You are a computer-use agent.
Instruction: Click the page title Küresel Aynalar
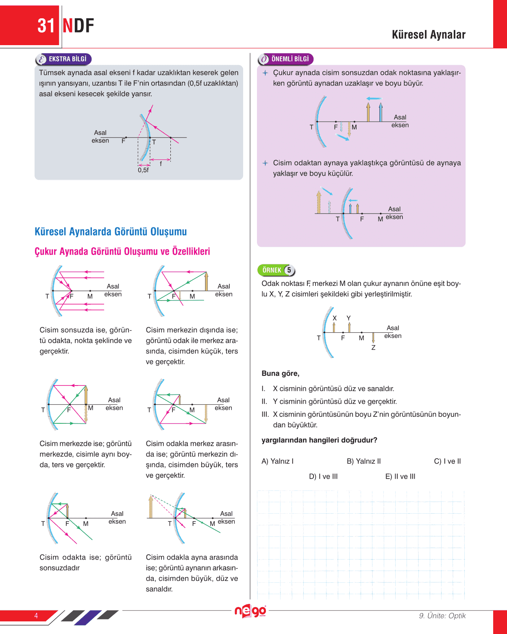[429, 35]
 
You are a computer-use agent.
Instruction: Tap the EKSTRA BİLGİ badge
[64, 59]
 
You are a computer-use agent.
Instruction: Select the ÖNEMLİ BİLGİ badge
[286, 59]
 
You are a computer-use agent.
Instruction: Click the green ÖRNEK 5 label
[276, 270]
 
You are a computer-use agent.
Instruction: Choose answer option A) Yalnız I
[277, 461]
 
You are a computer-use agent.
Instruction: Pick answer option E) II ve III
[400, 477]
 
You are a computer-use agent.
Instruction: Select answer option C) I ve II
[447, 461]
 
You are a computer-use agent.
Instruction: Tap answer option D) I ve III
[323, 477]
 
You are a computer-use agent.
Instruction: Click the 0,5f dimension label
[143, 170]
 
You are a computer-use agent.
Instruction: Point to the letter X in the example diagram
[335, 318]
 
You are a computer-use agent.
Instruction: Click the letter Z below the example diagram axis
[373, 348]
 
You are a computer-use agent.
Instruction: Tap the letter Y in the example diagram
[348, 318]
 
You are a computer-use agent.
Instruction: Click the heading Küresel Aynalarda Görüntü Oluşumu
[111, 232]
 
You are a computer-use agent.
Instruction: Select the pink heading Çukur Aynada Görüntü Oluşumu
[122, 251]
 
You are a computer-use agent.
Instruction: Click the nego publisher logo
[250, 611]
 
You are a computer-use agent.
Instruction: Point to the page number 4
[36, 616]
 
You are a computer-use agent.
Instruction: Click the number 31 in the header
[46, 26]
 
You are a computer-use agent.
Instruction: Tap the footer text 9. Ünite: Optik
[442, 616]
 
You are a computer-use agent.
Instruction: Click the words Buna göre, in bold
[281, 373]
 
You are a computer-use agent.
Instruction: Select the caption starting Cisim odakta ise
[85, 562]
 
